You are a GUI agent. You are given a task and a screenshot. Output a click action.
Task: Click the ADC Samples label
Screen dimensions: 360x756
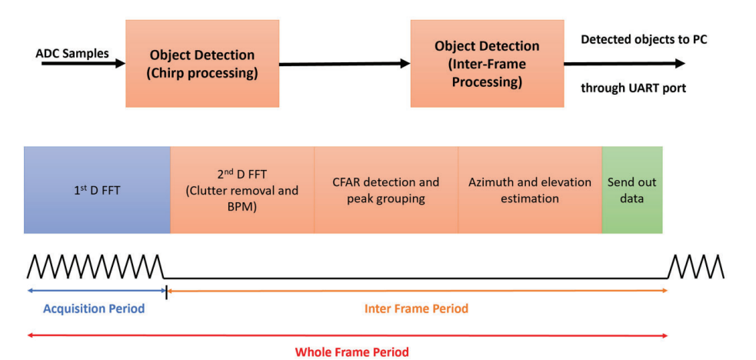tap(72, 54)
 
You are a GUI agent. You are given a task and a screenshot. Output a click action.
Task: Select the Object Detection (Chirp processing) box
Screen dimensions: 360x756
tap(202, 64)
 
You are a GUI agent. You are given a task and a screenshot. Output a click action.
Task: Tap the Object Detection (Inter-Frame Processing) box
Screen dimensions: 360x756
tap(487, 64)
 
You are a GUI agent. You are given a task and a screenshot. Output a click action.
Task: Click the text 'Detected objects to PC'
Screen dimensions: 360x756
tap(643, 39)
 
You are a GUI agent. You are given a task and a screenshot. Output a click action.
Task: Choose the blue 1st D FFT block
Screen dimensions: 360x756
tap(96, 189)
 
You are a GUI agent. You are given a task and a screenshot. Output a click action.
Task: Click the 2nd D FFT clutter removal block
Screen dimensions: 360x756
tap(242, 189)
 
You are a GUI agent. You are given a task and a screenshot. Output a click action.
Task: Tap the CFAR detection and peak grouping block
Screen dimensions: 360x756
tap(386, 189)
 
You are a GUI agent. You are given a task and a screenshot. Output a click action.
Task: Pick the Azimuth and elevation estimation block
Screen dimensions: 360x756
tap(530, 189)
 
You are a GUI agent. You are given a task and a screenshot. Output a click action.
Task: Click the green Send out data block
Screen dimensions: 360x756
tap(631, 189)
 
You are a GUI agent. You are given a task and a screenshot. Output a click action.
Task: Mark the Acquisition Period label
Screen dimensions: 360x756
tap(94, 308)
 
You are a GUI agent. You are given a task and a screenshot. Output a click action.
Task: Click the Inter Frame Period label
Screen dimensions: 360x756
tap(416, 308)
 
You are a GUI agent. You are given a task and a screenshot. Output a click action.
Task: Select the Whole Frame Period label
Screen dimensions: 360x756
tap(351, 352)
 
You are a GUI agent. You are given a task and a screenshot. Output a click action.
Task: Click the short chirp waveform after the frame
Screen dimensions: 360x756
tap(695, 266)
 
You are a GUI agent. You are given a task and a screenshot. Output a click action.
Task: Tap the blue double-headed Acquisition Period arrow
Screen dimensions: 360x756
tap(96, 291)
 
